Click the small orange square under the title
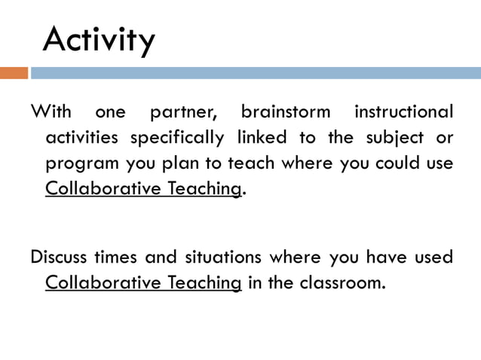14,73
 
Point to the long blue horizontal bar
256,73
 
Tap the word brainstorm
286,113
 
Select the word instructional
404,113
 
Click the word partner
182,114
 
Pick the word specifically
176,138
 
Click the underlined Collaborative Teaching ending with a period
143,188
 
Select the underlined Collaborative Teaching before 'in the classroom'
143,282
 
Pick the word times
115,258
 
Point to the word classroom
343,282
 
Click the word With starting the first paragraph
51,113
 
